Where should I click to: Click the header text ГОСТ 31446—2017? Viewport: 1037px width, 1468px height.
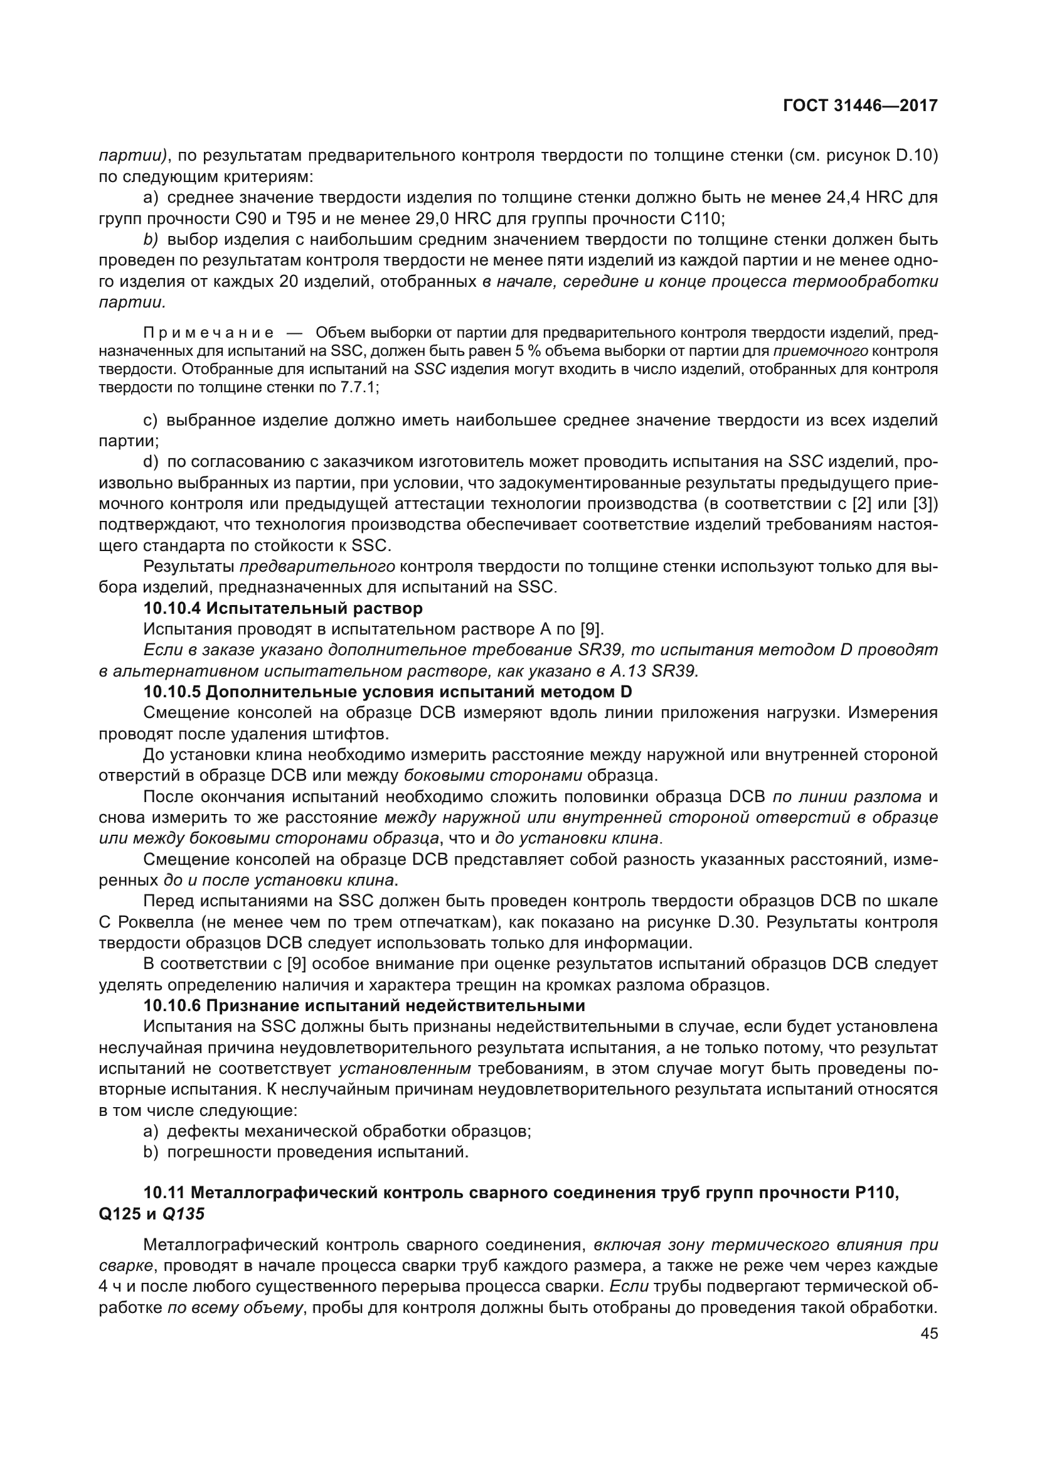click(x=860, y=105)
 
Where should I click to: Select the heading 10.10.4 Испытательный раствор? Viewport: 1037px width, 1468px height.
click(x=282, y=608)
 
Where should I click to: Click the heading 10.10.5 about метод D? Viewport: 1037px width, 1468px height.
click(x=387, y=692)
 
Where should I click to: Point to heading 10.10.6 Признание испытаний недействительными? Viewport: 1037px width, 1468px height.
click(x=364, y=1005)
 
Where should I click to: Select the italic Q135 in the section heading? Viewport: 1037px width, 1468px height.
click(x=184, y=1214)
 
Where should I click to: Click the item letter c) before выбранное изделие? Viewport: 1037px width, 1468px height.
click(x=150, y=420)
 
